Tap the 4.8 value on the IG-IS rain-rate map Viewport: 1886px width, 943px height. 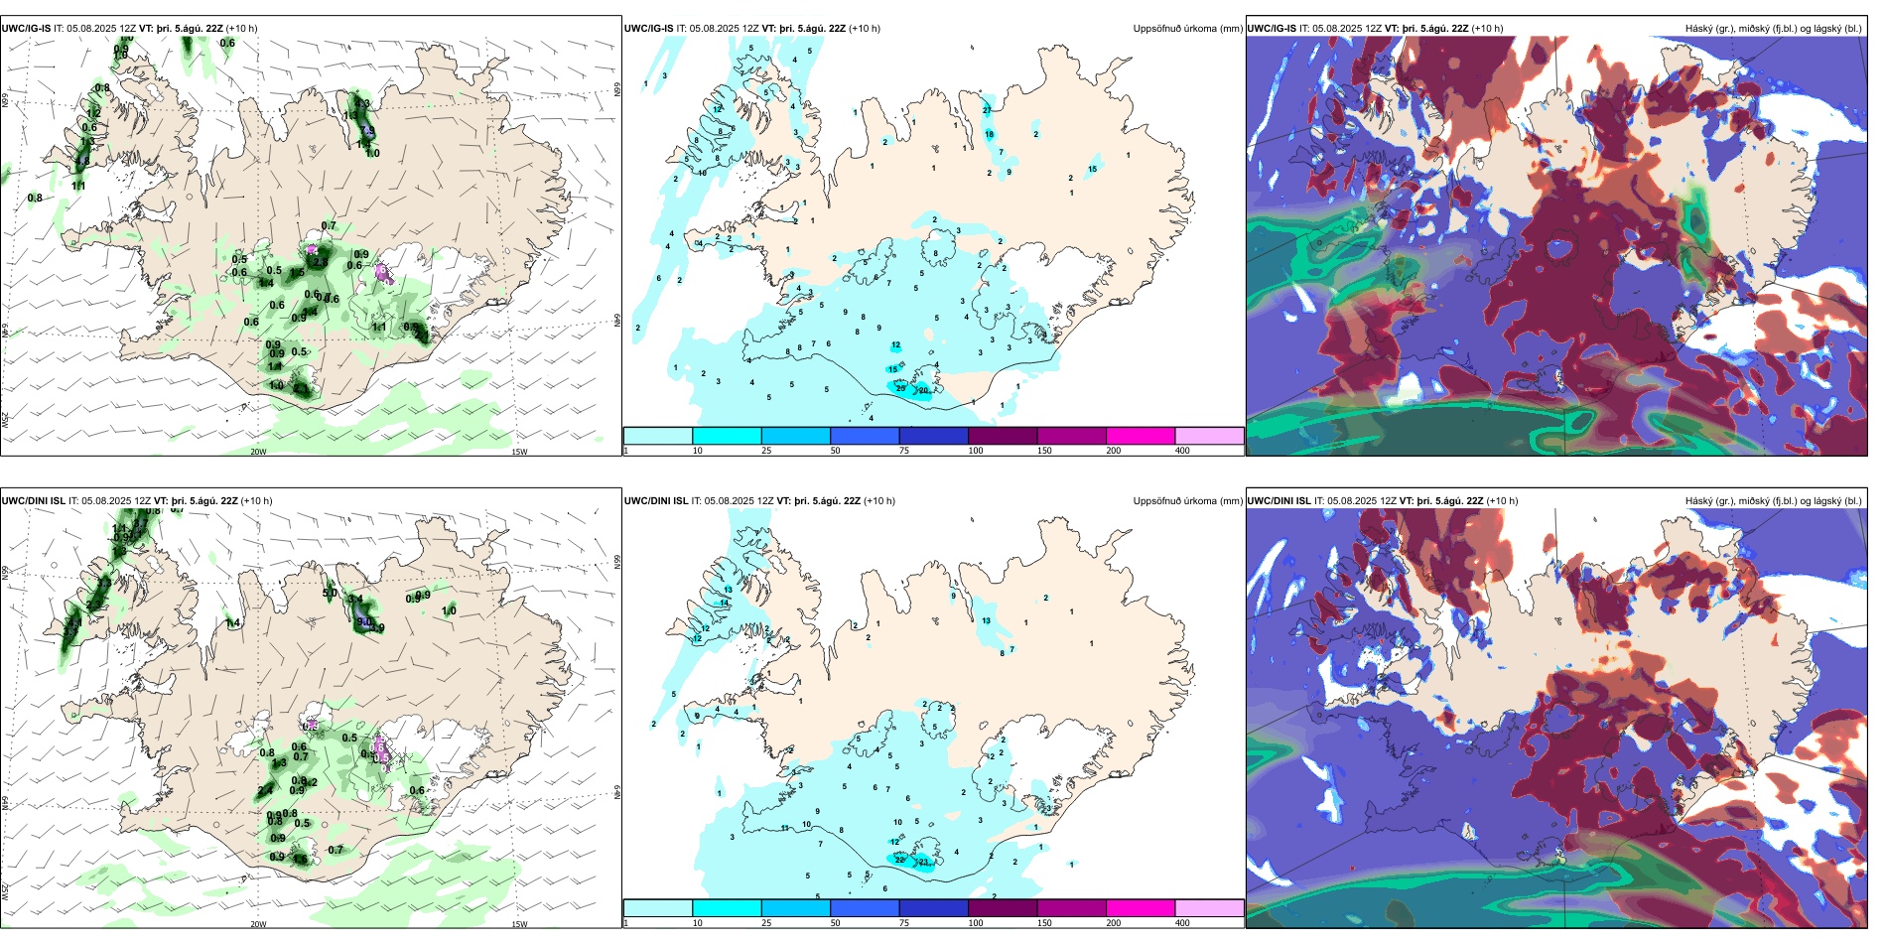click(83, 161)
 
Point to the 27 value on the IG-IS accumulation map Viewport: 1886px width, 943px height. click(988, 109)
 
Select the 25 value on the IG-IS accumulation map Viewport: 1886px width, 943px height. click(901, 388)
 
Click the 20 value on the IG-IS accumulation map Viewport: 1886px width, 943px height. click(923, 391)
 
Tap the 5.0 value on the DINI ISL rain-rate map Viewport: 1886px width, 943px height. click(330, 594)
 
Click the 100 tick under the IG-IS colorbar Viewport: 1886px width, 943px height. click(976, 451)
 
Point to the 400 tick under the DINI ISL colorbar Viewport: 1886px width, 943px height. click(1182, 923)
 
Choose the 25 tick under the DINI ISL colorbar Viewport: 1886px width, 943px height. click(766, 923)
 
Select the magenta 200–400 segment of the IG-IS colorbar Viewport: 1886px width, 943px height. click(1141, 436)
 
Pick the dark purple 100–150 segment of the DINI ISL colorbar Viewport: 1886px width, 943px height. click(1003, 908)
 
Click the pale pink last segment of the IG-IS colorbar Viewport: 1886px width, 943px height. click(1209, 436)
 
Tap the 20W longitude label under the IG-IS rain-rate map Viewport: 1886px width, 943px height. click(258, 452)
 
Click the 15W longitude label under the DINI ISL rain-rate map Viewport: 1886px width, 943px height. click(519, 924)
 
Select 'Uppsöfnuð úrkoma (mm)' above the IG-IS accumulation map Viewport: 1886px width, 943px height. click(1187, 29)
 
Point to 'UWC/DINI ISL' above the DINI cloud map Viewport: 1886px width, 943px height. click(1279, 501)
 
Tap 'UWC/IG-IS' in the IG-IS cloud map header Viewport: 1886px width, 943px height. click(1272, 29)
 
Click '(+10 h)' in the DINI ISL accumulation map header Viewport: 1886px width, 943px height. click(874, 501)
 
